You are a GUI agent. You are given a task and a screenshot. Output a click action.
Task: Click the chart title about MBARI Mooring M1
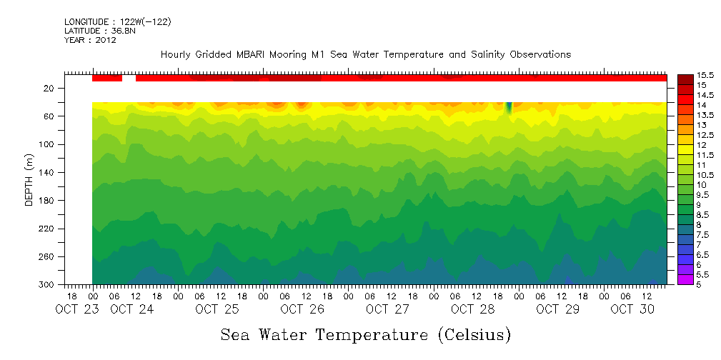365,54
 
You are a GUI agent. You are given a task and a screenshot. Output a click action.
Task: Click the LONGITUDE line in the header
117,22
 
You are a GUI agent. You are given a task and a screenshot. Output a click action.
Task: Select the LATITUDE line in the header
98,31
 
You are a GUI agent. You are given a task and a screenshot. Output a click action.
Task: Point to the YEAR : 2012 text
90,40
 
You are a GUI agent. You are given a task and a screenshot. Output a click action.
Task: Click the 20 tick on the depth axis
49,88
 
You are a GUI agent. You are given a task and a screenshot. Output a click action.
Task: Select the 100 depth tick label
47,144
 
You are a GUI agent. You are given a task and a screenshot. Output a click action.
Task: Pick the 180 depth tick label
47,200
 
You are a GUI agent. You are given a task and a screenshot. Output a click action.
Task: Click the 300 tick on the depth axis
47,284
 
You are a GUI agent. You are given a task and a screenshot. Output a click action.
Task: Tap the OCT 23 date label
75,309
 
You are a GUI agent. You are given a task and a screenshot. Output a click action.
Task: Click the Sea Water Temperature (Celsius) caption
365,334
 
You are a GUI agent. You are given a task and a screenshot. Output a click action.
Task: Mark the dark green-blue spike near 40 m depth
509,108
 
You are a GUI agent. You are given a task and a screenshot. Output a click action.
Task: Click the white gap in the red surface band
129,78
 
